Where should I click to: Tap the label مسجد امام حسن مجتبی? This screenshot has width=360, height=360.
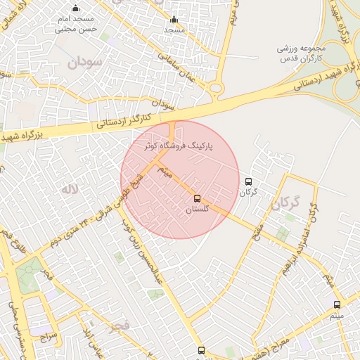click(75, 26)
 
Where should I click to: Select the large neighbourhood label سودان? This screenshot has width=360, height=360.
click(85, 62)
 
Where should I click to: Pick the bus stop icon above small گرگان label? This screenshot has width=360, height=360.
click(247, 181)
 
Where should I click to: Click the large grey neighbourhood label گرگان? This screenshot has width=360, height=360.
click(285, 205)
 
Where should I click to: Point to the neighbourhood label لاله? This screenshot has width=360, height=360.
click(68, 189)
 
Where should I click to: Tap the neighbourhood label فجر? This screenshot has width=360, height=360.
click(120, 325)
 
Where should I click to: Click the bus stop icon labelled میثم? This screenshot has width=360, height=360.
click(337, 304)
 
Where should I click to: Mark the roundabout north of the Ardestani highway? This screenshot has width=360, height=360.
click(216, 89)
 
